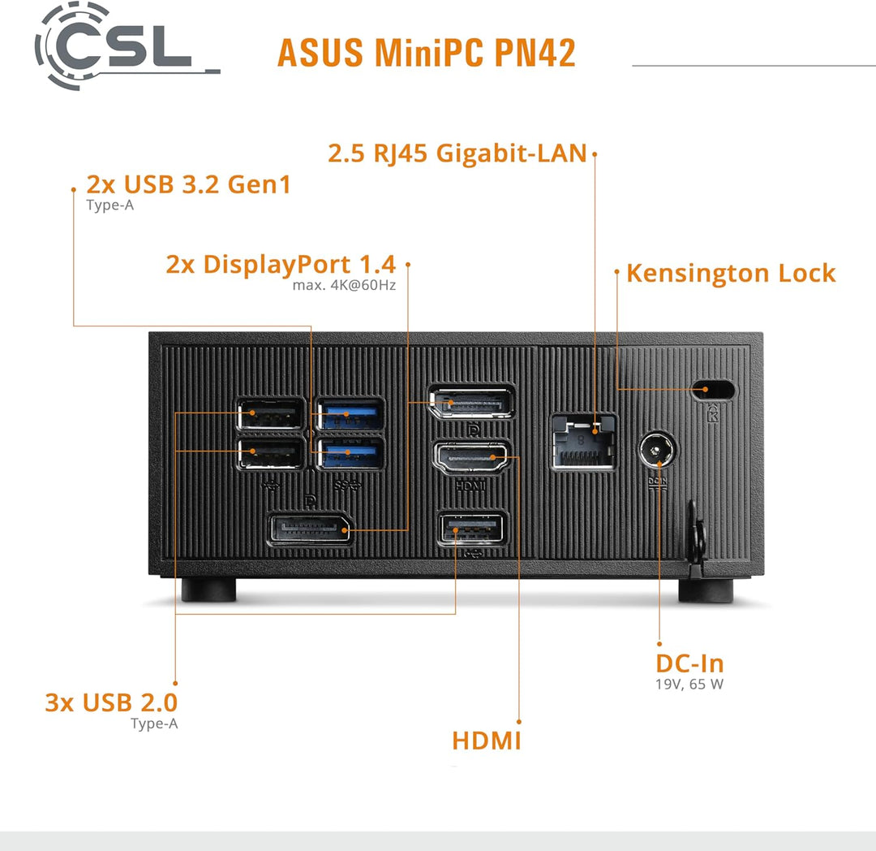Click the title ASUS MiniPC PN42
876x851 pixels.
tap(426, 53)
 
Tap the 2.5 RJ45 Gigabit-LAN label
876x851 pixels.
tap(457, 153)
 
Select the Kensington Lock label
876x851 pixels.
tap(730, 273)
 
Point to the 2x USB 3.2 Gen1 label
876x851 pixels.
tap(188, 184)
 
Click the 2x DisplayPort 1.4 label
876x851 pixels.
tap(281, 265)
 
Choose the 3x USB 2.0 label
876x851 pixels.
tap(111, 702)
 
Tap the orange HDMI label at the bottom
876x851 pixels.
tap(486, 741)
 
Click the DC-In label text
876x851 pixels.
tap(689, 663)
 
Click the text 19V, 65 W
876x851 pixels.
tap(689, 684)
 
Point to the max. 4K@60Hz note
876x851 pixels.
tap(344, 286)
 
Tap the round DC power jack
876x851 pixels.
tap(659, 450)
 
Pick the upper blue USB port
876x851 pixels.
tap(350, 415)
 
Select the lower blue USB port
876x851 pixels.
tap(350, 453)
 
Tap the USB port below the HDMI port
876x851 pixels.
tap(471, 529)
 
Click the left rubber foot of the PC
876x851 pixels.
tap(208, 589)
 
